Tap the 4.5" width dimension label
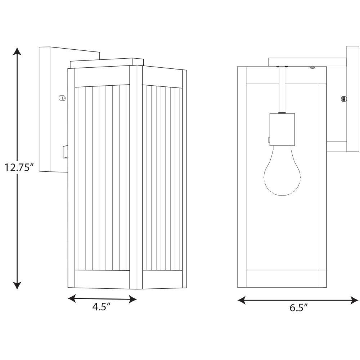coord(102,307)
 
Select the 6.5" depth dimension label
coord(298,307)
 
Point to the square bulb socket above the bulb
coord(282,129)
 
